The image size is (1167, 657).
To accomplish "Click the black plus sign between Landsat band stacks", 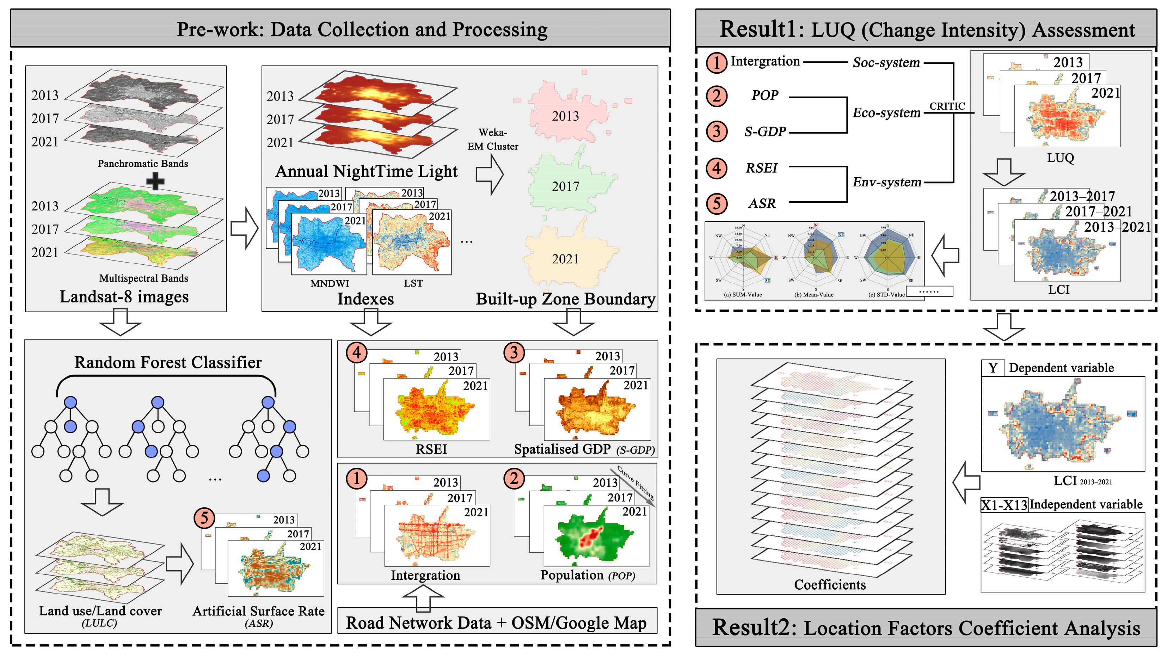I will [x=155, y=181].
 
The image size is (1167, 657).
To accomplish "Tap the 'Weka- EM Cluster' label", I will [x=493, y=139].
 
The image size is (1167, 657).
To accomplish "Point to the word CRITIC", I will [x=947, y=106].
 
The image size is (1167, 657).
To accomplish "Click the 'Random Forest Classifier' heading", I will [x=168, y=362].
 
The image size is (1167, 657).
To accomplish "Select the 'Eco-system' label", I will [x=886, y=113].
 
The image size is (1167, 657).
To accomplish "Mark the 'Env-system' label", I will [x=886, y=182].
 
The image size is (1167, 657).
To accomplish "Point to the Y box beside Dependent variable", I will [x=993, y=368].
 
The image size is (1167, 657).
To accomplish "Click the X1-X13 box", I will [x=1004, y=505].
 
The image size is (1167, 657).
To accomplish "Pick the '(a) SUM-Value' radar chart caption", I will [x=743, y=295].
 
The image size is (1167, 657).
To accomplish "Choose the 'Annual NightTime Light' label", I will [x=366, y=171].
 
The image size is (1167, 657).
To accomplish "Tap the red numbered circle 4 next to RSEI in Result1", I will [x=716, y=168].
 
